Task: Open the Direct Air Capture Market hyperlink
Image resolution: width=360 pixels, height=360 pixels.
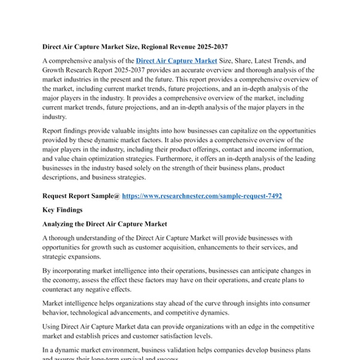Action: click(x=176, y=61)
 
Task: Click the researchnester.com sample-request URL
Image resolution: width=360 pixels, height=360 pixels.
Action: click(x=202, y=196)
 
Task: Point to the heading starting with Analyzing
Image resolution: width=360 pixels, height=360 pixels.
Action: click(x=104, y=224)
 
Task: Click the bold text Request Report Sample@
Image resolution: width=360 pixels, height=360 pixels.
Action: click(x=81, y=196)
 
